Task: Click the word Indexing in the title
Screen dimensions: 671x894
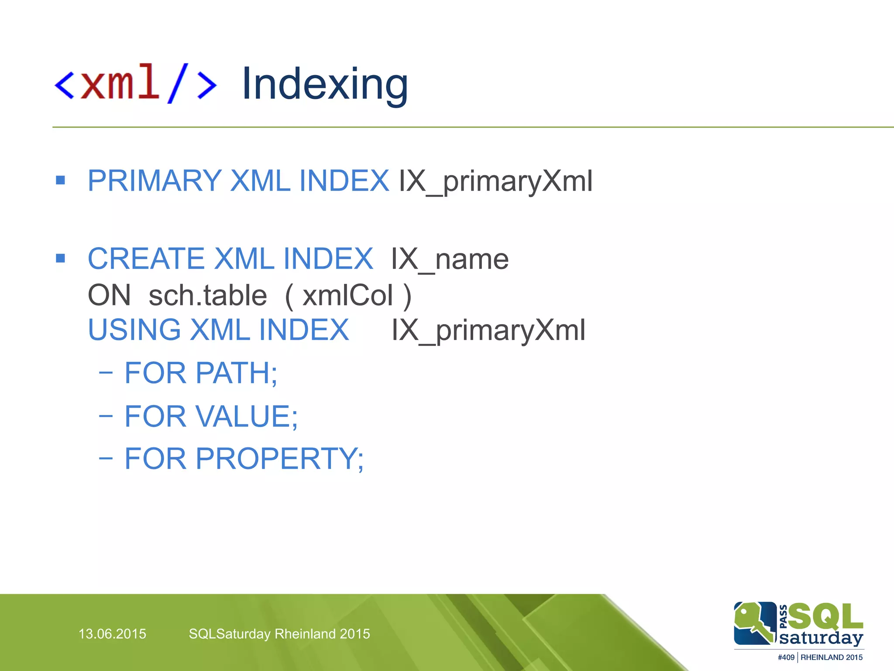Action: pos(325,84)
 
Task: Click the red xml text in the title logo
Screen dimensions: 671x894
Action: pos(120,82)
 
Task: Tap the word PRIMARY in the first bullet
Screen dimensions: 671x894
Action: pos(155,180)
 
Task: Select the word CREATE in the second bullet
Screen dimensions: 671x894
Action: pos(146,259)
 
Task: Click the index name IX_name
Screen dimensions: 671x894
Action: pos(450,259)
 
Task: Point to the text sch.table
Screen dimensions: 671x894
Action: pos(208,295)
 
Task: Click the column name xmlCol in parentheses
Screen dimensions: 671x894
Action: pos(348,295)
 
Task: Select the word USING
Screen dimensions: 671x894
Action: pos(134,330)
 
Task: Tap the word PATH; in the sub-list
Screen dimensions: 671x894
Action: pos(236,373)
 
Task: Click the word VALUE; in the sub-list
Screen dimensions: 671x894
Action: pos(247,416)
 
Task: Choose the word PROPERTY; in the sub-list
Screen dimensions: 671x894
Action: pos(279,459)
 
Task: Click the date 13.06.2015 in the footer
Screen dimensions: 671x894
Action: pos(112,634)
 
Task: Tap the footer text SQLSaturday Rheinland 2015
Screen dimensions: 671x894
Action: pos(279,634)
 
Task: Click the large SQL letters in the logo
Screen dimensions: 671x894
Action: pos(825,616)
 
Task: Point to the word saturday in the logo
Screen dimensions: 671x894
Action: pos(821,638)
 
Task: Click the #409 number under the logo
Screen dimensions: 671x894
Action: pos(786,657)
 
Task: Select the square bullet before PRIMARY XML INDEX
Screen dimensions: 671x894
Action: pos(61,180)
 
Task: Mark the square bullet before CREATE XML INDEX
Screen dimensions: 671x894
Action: pos(61,258)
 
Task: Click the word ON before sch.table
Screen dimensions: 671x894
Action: pos(109,295)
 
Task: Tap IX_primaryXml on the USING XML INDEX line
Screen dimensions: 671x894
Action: pos(488,330)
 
